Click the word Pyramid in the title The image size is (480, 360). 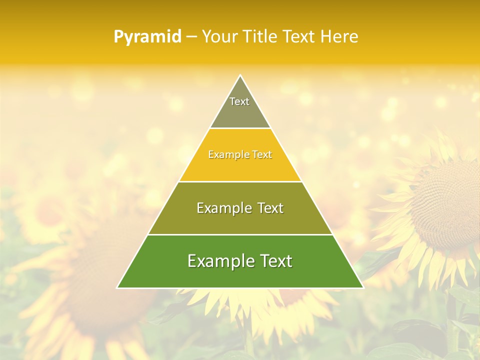(147, 37)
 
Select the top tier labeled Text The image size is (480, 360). (240, 107)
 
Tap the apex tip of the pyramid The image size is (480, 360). (240, 76)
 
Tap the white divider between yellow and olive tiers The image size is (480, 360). (240, 181)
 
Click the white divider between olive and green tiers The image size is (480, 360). (240, 234)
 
